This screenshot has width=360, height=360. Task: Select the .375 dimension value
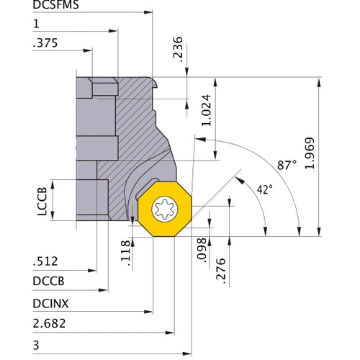(44, 43)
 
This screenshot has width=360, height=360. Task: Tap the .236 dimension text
(179, 48)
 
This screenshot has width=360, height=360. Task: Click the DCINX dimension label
(50, 305)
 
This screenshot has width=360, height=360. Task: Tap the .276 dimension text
(221, 271)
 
